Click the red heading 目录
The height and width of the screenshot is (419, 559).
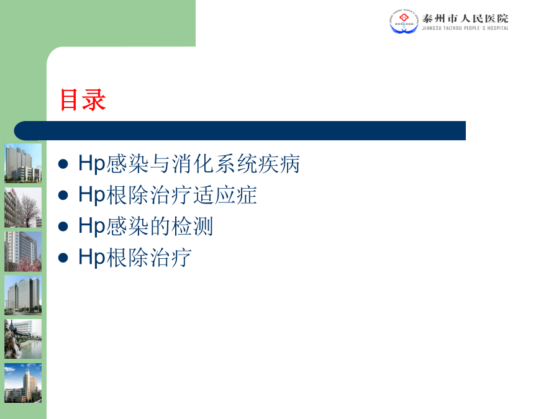click(83, 100)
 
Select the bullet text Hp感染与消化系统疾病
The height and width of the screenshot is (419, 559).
click(189, 164)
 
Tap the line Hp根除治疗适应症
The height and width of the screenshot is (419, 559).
click(168, 195)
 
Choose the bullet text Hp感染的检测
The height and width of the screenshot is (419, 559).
click(145, 226)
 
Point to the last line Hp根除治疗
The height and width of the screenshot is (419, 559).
click(135, 257)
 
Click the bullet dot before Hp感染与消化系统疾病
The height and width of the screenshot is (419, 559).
click(63, 164)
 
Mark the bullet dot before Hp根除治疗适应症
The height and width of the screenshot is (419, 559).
click(63, 196)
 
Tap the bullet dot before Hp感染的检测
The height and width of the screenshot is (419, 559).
click(63, 227)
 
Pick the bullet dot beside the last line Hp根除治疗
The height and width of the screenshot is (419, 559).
click(63, 258)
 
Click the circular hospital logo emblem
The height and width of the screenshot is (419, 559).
click(404, 21)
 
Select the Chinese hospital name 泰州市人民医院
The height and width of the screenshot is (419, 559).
click(465, 18)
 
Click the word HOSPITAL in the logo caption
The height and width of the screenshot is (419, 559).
click(498, 28)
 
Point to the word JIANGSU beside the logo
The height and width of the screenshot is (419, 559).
click(432, 28)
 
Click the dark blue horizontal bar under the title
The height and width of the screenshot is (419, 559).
click(240, 130)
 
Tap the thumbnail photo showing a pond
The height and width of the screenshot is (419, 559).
click(23, 339)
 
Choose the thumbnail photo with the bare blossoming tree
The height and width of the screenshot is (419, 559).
click(23, 207)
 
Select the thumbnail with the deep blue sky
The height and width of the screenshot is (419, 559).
click(23, 383)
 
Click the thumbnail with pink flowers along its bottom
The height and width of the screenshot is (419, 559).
click(23, 251)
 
